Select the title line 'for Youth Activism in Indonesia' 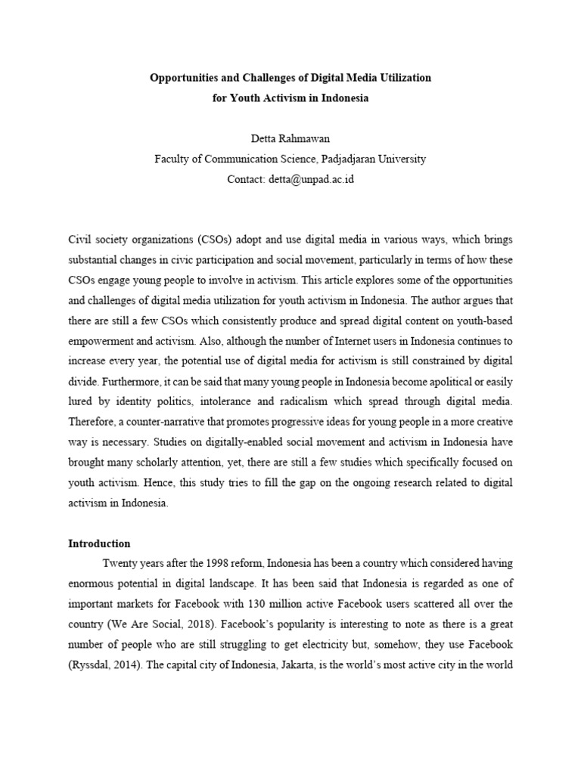[x=290, y=99]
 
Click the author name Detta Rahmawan [x=290, y=138]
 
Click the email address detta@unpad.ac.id [x=312, y=179]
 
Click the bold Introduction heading [x=99, y=543]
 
